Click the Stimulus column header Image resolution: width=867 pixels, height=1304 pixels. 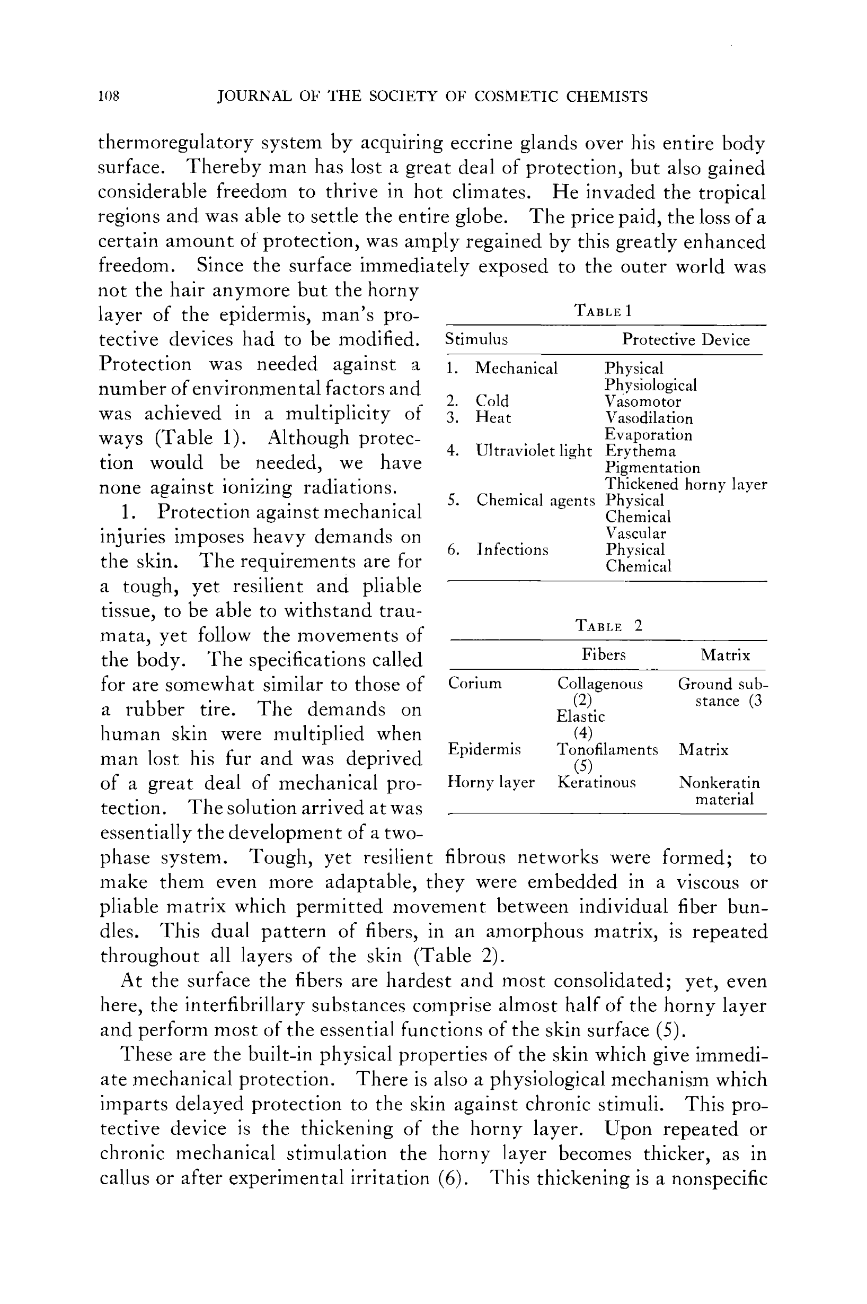coord(476,339)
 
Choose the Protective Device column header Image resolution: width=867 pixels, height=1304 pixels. coord(686,340)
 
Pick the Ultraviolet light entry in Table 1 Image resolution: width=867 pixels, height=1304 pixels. coord(534,451)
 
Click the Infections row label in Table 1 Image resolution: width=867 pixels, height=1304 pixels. coord(512,550)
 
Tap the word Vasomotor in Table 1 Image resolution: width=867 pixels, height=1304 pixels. coord(642,401)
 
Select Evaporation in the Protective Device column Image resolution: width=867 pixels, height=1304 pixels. coord(648,435)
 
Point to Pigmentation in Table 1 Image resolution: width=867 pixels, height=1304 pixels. coord(652,468)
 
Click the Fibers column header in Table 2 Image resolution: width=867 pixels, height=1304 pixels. coord(603,655)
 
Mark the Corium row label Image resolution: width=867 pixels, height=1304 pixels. coord(474,684)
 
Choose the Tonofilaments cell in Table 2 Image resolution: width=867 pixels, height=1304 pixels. coord(607,750)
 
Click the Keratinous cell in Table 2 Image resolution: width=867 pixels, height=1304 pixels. coord(597,783)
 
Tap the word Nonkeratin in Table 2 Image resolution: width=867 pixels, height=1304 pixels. coord(719,783)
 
